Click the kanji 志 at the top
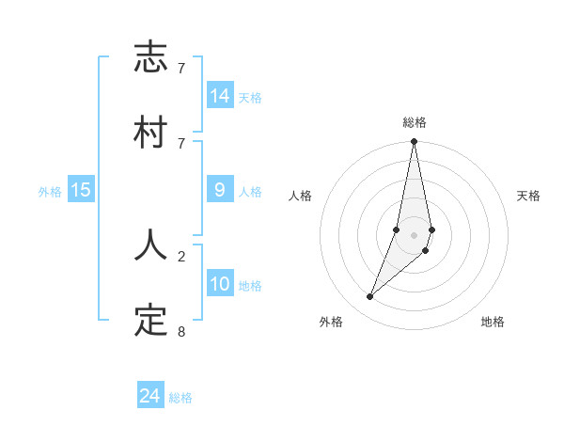tap(150, 58)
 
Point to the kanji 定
tap(150, 320)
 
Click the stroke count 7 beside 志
tap(181, 69)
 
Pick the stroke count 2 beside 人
tap(181, 255)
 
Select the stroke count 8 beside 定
tap(181, 331)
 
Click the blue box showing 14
tap(220, 96)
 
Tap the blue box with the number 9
tap(220, 190)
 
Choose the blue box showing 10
tap(220, 283)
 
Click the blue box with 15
tap(81, 190)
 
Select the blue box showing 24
tap(150, 396)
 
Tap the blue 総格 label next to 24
tap(180, 398)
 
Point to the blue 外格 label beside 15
tap(50, 192)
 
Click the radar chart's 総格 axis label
tap(414, 122)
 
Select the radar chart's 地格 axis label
tap(493, 322)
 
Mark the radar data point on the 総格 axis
tap(414, 142)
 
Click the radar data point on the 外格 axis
tap(369, 296)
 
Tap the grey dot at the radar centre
tap(414, 235)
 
